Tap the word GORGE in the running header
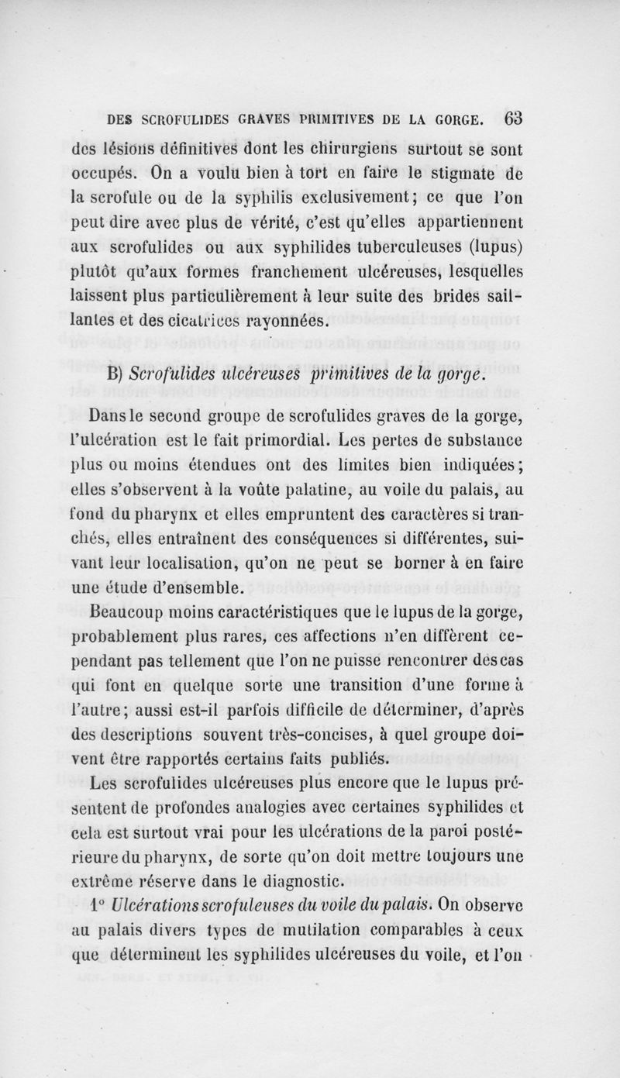pos(460,120)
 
